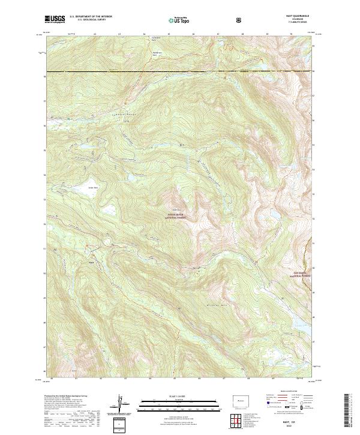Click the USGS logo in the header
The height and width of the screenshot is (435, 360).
55,19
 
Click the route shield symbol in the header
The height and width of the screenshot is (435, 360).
241,19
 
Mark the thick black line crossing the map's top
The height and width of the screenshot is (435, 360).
180,71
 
